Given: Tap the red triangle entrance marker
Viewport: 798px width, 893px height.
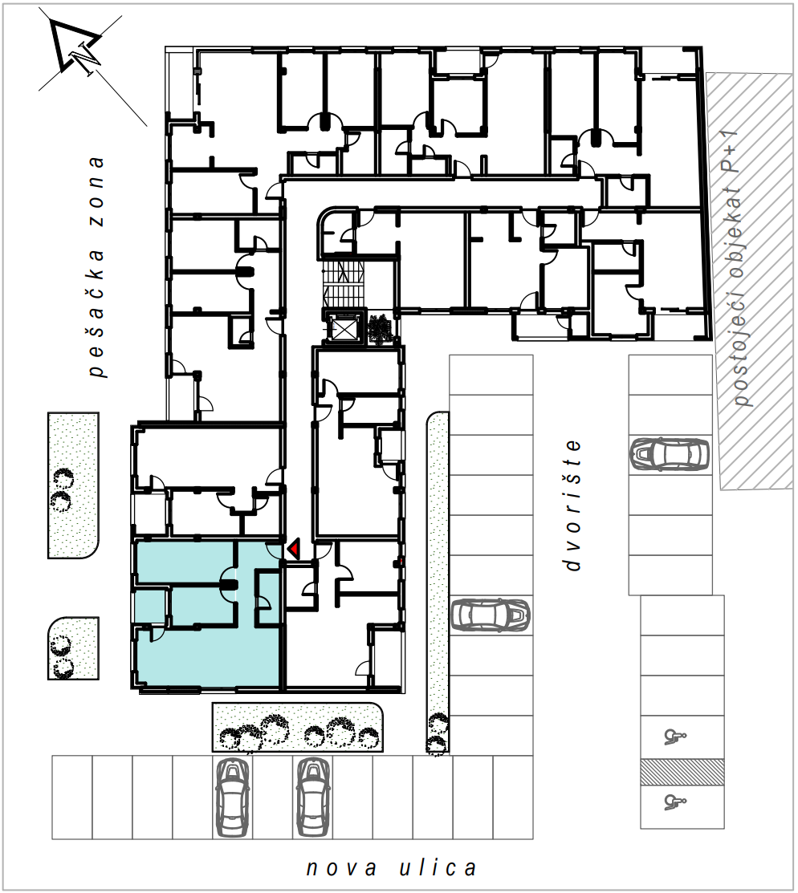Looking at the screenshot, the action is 295,549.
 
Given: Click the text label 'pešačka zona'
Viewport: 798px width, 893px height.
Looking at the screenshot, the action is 97,266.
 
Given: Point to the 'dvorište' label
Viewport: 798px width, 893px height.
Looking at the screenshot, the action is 572,505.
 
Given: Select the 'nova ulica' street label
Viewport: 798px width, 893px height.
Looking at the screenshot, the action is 391,868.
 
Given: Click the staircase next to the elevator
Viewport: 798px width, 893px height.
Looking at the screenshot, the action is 343,283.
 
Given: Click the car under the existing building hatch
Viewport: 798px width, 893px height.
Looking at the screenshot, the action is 670,454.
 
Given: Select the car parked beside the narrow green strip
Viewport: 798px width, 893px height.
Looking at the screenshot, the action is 491,615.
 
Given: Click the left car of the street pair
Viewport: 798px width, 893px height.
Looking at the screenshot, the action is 233,798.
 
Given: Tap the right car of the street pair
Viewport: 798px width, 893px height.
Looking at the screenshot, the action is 313,798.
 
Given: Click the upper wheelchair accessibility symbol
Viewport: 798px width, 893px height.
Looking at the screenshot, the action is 675,737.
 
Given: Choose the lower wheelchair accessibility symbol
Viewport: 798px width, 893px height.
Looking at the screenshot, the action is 675,802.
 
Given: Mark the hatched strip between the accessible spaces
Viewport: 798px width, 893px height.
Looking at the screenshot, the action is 682,773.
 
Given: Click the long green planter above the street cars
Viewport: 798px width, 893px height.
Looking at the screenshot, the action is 297,727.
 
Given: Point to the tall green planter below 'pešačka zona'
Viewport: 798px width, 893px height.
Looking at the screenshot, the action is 73,485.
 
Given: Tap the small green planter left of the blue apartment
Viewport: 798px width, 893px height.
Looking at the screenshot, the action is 73,647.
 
